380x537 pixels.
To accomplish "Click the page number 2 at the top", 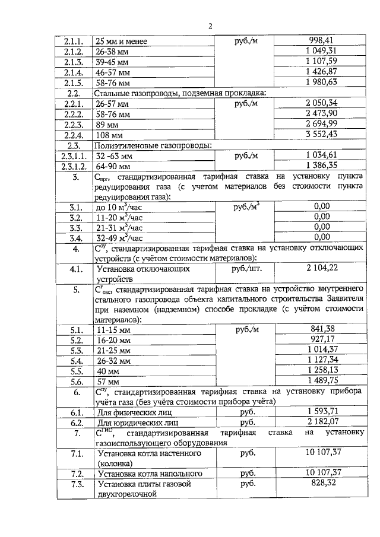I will [210, 26].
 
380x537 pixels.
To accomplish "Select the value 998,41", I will [322, 40].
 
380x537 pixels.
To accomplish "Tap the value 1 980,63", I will [322, 82].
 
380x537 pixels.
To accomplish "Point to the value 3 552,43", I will [322, 135].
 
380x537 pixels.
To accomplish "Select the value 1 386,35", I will [322, 166].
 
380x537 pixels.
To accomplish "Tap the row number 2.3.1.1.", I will [74, 156].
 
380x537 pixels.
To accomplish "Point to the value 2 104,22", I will [322, 268].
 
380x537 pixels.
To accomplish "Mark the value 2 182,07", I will [322, 422].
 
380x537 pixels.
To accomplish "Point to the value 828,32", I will [322, 484].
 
